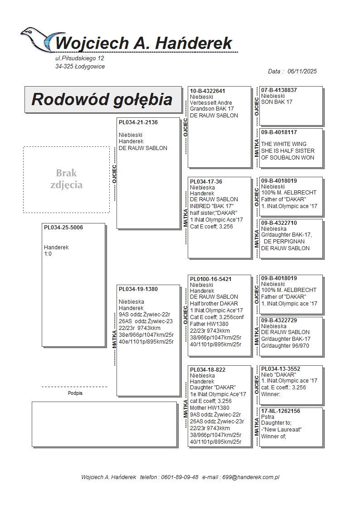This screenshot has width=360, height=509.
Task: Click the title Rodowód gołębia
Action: coord(102,99)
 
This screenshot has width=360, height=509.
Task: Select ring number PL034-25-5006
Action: coord(63,228)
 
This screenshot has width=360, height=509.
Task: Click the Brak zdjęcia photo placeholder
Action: coord(66,179)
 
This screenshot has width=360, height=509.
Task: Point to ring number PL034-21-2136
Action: coord(138,122)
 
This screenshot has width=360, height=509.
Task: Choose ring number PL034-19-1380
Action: coord(138,289)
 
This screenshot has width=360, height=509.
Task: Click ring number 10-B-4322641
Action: coord(208,91)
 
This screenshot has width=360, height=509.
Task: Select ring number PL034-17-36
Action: coord(206,182)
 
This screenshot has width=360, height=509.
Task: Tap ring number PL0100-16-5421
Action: coord(211,279)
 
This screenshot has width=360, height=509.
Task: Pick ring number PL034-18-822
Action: coord(208,370)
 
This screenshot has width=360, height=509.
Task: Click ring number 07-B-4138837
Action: coord(279,90)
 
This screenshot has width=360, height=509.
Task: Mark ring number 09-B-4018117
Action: coord(279,132)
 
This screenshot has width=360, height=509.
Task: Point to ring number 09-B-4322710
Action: coord(279,223)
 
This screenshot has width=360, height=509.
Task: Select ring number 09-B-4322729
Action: coord(279,320)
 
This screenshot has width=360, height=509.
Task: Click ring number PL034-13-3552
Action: coord(281,369)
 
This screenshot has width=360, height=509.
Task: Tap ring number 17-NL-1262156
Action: coord(281,411)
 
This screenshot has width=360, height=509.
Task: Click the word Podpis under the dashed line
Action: coord(75,393)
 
